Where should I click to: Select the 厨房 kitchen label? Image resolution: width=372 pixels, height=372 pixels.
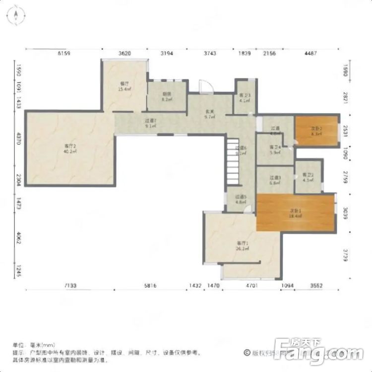click(166, 96)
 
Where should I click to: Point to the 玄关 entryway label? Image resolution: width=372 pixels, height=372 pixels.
click(210, 114)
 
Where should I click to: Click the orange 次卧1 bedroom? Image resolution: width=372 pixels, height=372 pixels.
click(296, 213)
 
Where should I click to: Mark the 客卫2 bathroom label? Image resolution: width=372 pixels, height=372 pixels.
click(308, 177)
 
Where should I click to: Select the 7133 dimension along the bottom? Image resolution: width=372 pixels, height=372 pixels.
click(69, 286)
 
